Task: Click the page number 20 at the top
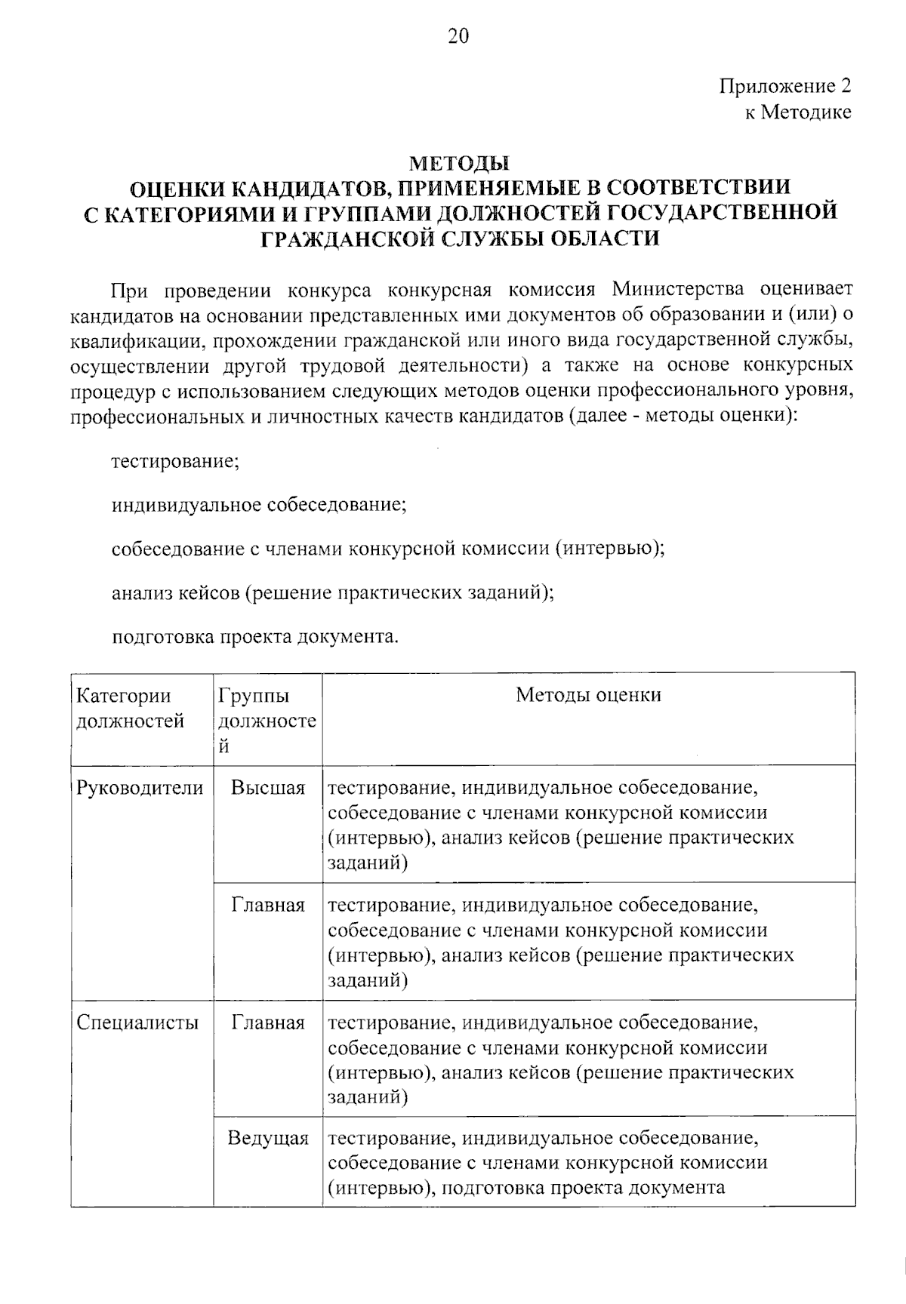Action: (458, 36)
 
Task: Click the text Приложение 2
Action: (784, 86)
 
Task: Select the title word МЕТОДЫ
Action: (459, 163)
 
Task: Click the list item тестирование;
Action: (175, 461)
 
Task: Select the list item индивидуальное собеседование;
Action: (259, 505)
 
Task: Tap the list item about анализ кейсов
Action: (332, 592)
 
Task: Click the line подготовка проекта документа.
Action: (254, 637)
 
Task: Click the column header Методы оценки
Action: (588, 695)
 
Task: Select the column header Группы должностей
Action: (267, 720)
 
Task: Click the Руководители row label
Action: (140, 788)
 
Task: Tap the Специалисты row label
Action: (138, 1023)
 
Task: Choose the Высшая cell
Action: (268, 788)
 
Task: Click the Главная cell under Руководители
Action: (268, 905)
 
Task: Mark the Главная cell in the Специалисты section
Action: (268, 1023)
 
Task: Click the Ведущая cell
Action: (268, 1138)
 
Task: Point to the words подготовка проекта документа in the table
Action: (583, 1188)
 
